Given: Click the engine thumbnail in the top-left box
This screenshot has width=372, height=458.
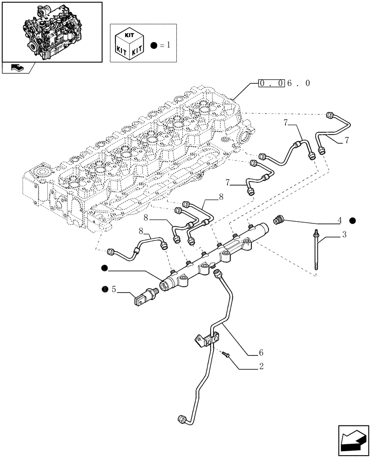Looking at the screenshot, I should [51, 31].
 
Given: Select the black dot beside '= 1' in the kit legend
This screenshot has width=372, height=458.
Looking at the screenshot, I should [153, 46].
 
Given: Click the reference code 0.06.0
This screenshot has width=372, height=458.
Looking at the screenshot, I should [284, 83].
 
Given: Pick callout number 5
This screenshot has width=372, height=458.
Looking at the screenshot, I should [114, 289].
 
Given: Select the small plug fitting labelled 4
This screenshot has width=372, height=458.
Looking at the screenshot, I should [278, 220].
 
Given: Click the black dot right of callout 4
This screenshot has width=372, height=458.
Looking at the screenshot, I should [352, 221].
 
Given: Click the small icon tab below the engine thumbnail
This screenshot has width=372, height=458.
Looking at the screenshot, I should [17, 68].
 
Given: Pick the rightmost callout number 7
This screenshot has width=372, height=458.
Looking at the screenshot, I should [347, 141].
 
